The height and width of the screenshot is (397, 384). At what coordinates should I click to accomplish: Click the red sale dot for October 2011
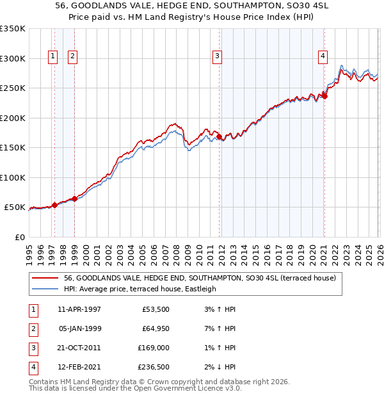point(219,136)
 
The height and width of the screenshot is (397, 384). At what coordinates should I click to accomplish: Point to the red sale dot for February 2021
point(324,97)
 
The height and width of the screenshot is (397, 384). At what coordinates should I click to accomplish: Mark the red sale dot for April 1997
point(54,205)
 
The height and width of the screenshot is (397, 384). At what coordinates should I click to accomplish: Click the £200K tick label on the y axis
point(13,118)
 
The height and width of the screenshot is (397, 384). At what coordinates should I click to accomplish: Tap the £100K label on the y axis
point(13,177)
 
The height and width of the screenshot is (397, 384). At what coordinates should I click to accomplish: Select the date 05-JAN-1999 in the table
point(79,328)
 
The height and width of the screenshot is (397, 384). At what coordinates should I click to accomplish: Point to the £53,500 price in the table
point(156,309)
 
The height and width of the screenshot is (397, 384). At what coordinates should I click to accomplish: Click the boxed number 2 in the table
point(31,328)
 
